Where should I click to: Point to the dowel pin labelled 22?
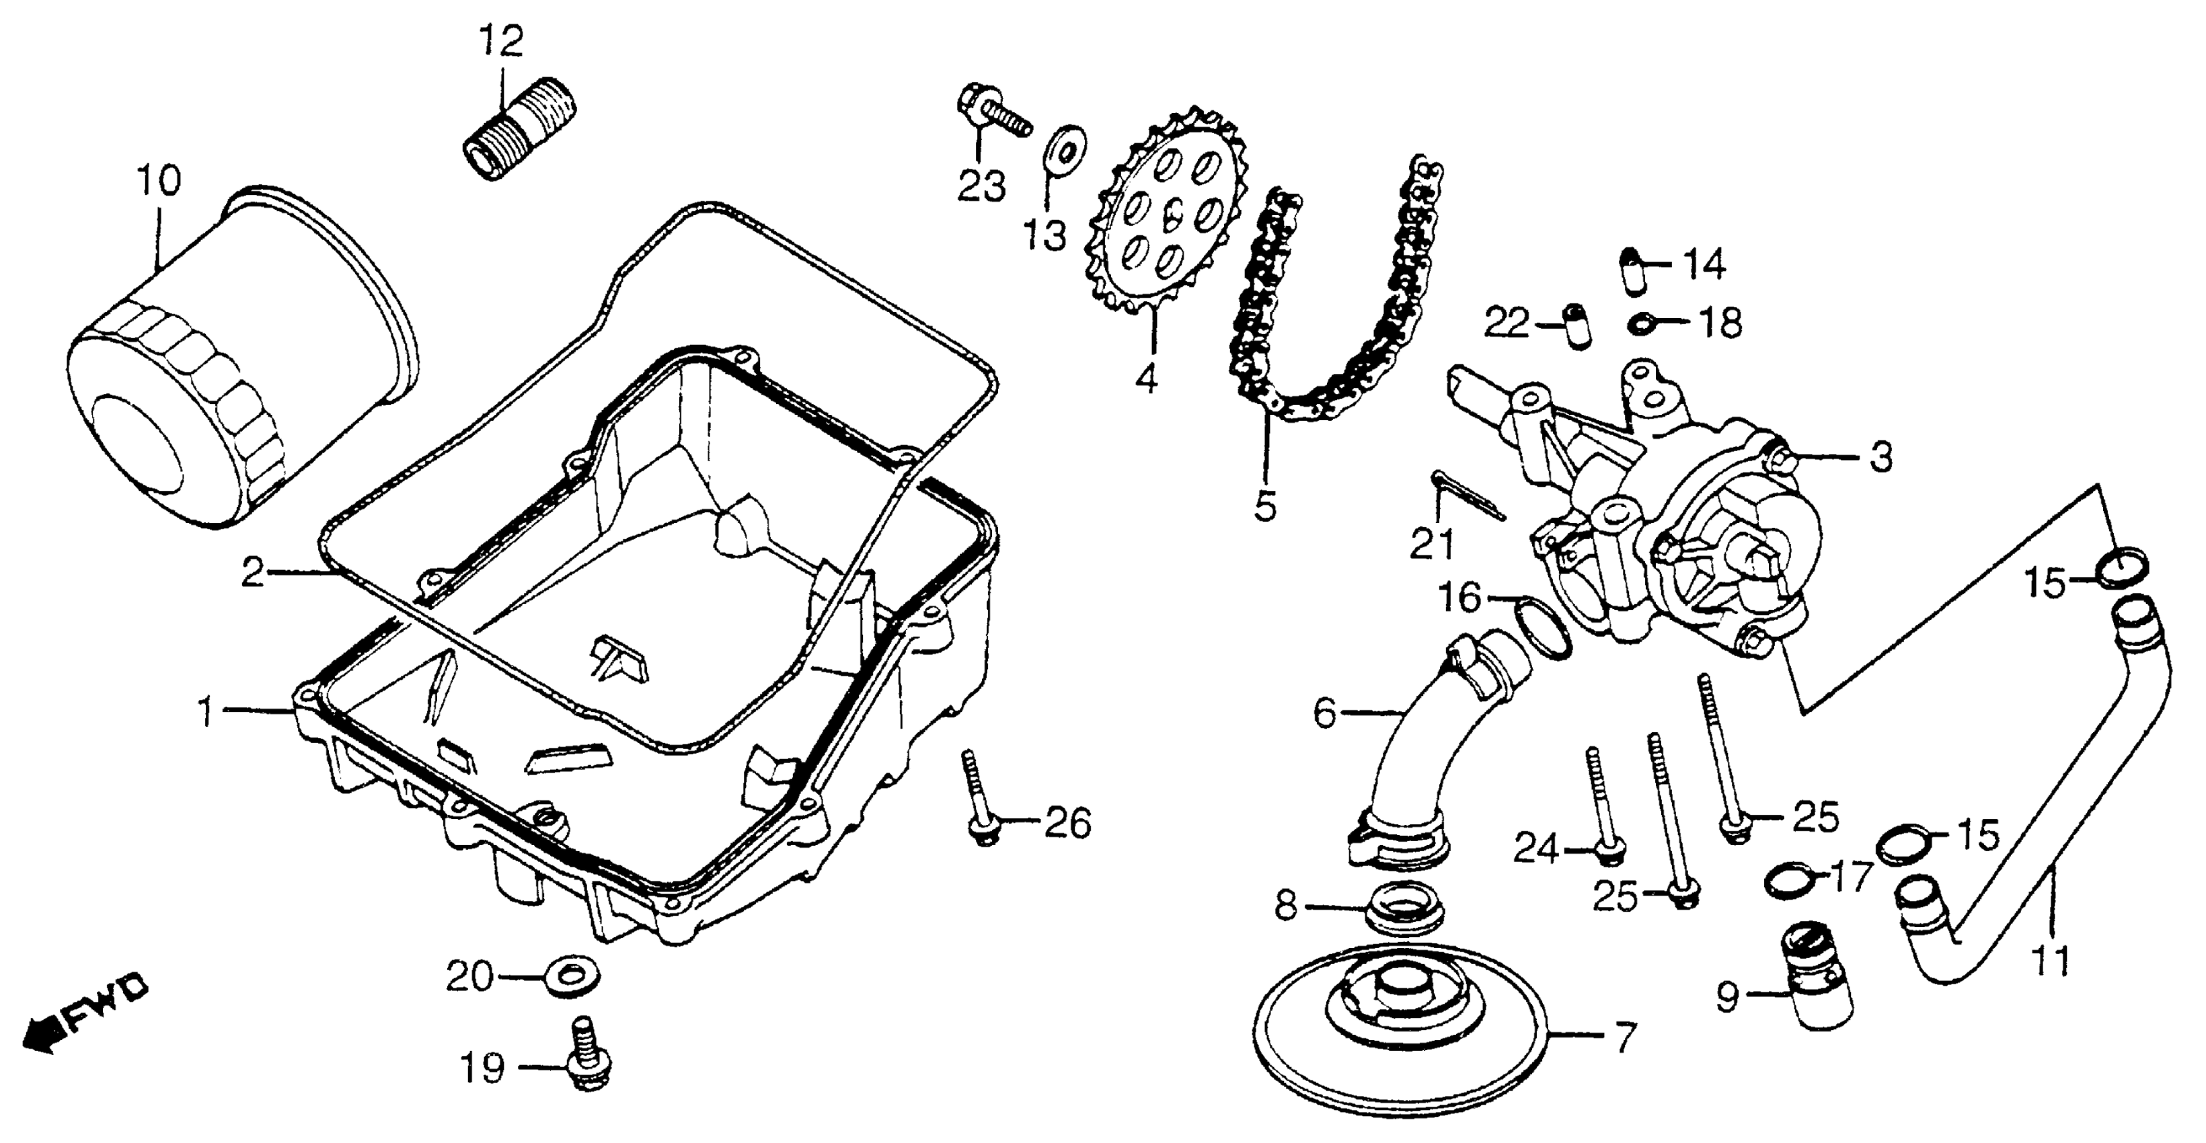click(1575, 326)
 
